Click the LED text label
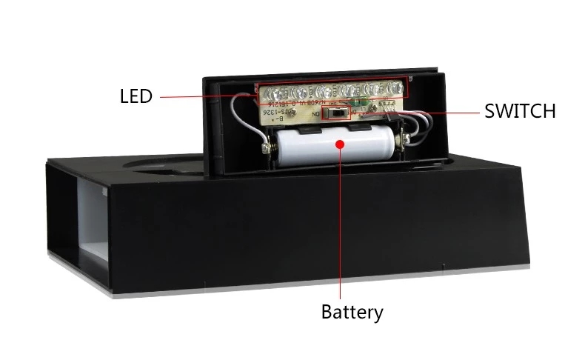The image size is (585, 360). point(136,96)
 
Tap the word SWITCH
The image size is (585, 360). point(520,112)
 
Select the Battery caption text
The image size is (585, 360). point(352,312)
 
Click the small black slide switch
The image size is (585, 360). point(338,114)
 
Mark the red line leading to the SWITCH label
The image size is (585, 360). point(437,113)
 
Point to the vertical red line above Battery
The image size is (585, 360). point(341,222)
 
